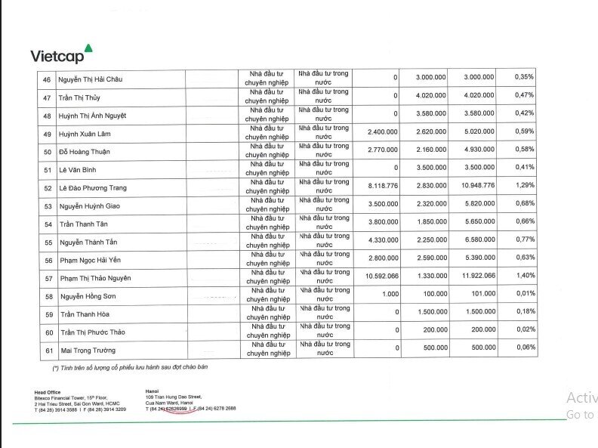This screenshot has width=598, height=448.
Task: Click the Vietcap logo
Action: click(61, 54)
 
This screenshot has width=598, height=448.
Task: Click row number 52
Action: click(48, 187)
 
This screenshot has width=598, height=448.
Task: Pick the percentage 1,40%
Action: click(524, 277)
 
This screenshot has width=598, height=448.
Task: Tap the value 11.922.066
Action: click(473, 277)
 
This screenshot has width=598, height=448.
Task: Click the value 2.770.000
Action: click(382, 150)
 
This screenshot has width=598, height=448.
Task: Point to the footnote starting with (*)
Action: click(129, 367)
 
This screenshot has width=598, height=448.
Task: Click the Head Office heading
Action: click(46, 392)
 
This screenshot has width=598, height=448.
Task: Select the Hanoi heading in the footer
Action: click(153, 391)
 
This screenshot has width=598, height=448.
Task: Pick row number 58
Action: click(48, 296)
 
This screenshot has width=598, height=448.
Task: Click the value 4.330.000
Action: click(382, 240)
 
